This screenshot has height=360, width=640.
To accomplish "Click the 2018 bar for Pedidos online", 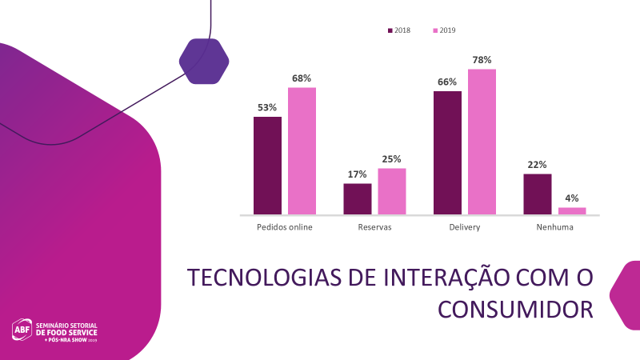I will tap(267, 166).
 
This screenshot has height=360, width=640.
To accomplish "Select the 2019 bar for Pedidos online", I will tap(302, 150).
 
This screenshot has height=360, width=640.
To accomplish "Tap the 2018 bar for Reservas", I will tap(358, 199).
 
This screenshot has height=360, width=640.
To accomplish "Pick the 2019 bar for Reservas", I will tap(392, 191).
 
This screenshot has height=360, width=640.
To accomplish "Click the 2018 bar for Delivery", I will tap(447, 153).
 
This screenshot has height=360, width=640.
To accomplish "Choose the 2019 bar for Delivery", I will tap(482, 142).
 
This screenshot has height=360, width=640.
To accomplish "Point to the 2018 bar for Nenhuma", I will tap(538, 194).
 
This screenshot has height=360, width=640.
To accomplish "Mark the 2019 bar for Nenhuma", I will tap(572, 211).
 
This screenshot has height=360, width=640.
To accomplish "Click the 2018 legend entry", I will tap(398, 30).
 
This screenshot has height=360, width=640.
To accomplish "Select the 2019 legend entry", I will tap(444, 30).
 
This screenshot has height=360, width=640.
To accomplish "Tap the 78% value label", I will tap(482, 60).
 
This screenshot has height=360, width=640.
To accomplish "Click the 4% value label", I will tap(572, 198).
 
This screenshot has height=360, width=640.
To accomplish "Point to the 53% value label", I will tap(267, 107).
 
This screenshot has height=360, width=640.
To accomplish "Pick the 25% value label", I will tap(392, 158).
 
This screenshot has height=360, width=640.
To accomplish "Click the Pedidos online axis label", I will tap(284, 227).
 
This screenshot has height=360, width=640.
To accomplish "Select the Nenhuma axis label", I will tap(554, 227).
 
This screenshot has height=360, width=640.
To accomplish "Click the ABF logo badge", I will tap(22, 329).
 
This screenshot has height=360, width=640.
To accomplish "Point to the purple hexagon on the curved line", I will tap(204, 61).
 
